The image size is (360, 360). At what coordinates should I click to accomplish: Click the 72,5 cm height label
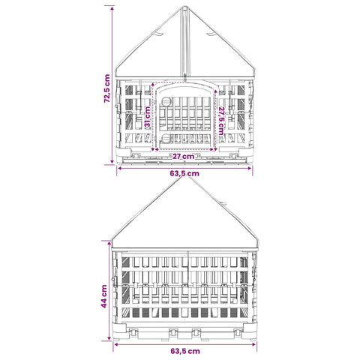106,88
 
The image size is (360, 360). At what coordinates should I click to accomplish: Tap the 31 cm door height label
148,116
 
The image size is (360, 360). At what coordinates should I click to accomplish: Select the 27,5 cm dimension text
221,121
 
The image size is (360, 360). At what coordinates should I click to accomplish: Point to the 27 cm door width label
183,157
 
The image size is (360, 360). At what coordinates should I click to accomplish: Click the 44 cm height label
104,296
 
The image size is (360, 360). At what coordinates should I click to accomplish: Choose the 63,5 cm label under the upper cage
184,173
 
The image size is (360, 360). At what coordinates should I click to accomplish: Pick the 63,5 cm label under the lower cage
185,351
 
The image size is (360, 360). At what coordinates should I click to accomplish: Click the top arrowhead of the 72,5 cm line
112,9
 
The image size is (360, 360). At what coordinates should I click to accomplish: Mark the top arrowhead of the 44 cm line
109,243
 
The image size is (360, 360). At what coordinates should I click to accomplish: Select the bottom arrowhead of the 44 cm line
109,338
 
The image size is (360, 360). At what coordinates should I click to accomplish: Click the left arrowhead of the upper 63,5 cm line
119,168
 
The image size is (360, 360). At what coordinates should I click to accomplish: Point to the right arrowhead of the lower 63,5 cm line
254,344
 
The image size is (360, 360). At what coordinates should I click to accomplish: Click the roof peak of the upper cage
184,7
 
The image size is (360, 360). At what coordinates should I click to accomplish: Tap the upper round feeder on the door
165,101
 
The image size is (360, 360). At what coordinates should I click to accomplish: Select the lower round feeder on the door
165,137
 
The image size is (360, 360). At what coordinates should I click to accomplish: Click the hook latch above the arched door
184,78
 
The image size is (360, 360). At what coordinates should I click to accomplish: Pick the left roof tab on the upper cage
159,34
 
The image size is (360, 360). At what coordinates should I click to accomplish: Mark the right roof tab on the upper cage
211,34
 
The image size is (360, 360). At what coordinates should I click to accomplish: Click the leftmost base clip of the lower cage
134,332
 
